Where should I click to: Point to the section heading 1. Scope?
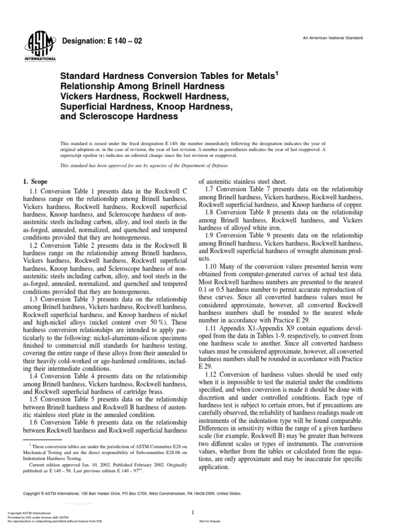35,182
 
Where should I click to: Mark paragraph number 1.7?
211,191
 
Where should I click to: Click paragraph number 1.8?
211,214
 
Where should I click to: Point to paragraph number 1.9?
211,236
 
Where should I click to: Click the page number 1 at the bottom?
193,513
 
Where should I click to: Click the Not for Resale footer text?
210,522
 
